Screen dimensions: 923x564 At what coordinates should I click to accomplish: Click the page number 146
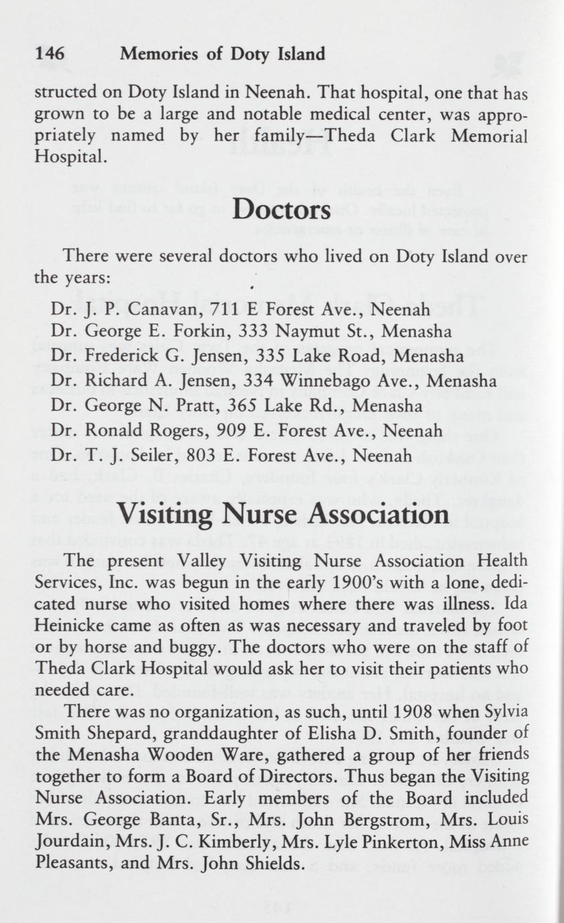point(50,54)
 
